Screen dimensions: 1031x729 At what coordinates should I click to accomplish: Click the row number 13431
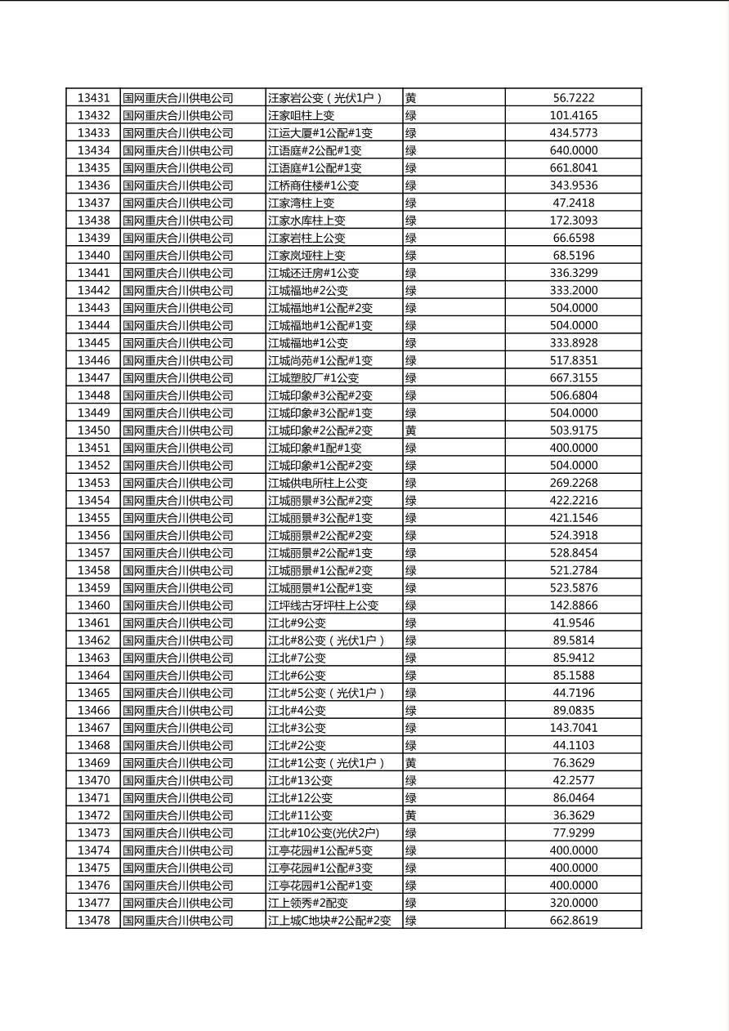tap(93, 98)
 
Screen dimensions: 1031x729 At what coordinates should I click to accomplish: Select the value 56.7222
tap(573, 98)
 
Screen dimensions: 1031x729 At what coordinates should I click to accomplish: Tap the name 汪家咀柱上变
tap(301, 116)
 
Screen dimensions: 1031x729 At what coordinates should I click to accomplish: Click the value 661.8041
tap(573, 168)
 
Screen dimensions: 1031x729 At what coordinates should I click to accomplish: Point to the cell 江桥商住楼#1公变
tap(313, 185)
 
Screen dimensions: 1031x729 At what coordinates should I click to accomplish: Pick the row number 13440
tap(93, 256)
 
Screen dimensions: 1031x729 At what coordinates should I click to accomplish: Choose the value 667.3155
tap(573, 378)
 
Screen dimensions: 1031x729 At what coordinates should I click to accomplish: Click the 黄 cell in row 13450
tap(411, 431)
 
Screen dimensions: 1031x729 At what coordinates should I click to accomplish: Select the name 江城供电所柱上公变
tap(318, 483)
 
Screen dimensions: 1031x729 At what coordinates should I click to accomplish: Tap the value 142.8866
tap(573, 605)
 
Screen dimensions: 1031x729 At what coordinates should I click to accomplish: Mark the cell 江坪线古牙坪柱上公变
tap(323, 605)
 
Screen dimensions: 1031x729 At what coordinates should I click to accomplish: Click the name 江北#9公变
tap(297, 623)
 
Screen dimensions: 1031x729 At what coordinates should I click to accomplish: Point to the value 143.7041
tap(573, 728)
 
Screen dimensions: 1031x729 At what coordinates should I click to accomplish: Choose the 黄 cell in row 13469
tap(411, 763)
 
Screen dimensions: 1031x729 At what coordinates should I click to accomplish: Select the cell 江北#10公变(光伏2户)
tap(323, 833)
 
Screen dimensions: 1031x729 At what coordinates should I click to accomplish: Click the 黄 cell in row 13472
tap(411, 815)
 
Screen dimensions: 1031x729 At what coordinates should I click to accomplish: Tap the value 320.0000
tap(573, 903)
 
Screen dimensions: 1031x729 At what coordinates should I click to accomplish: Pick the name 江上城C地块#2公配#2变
tap(329, 921)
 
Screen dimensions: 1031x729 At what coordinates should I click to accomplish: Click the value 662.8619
tap(573, 921)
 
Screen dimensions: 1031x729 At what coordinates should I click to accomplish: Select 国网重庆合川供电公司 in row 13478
tap(177, 921)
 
